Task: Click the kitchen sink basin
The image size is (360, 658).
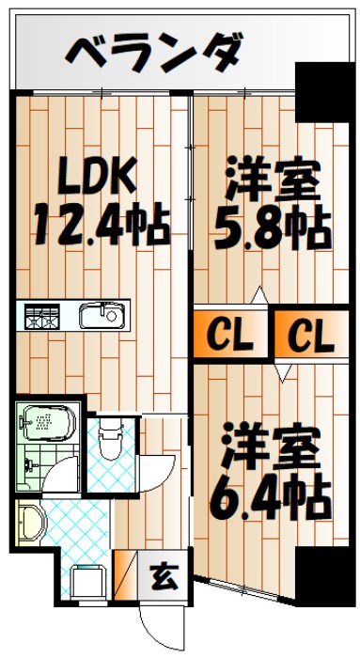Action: pos(96,316)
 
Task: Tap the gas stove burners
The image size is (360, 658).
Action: pos(42,316)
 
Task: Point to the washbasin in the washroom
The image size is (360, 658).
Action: pos(30,520)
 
